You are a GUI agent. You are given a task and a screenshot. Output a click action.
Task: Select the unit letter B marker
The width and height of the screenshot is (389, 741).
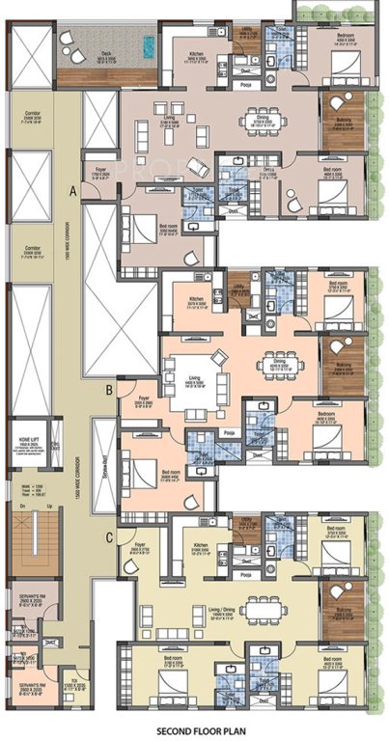109,390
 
